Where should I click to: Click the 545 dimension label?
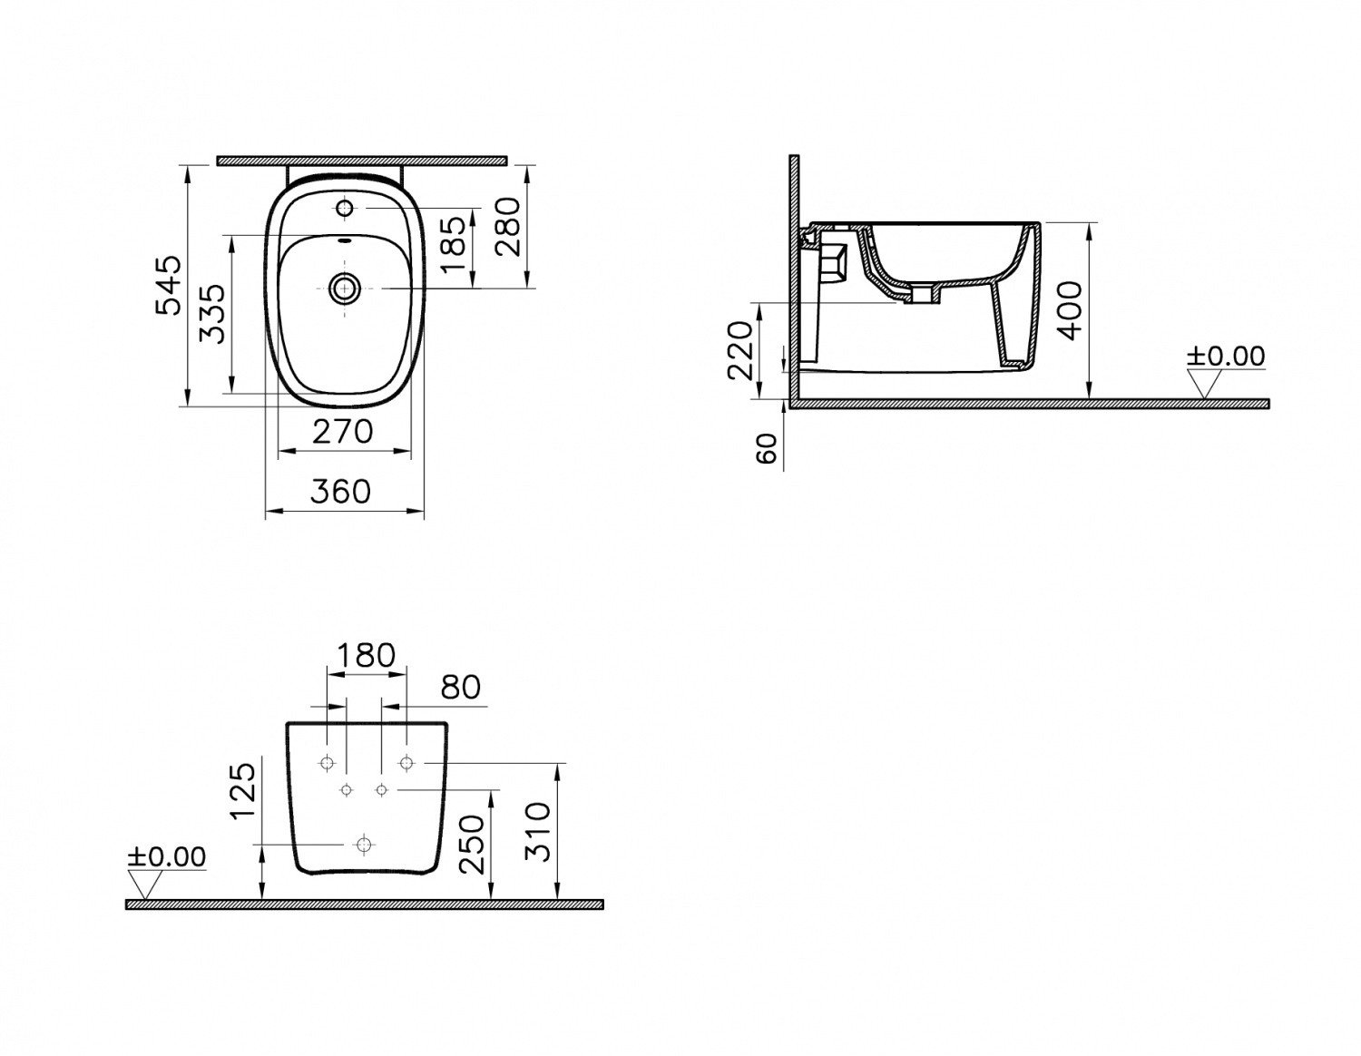(169, 285)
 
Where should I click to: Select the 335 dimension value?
(212, 314)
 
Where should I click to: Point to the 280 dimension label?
(507, 227)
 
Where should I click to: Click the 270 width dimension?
(343, 431)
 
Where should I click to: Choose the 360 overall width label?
(341, 492)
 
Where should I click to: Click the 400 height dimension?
(1069, 310)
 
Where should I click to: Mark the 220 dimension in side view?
(740, 350)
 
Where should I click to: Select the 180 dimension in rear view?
(367, 655)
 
